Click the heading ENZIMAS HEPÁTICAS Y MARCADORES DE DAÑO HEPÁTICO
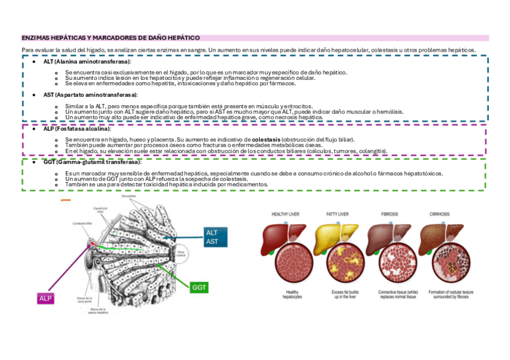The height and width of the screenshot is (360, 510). pos(111,37)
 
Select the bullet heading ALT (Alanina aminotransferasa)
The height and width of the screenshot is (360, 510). pos(88,62)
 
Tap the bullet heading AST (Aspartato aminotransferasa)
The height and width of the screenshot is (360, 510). pos(90,95)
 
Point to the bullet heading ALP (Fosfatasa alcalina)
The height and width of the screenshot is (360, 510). pos(78,129)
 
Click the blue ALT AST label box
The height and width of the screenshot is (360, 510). pos(212,237)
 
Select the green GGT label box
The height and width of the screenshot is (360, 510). pos(199,287)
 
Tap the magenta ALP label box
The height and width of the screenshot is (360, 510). pos(46,298)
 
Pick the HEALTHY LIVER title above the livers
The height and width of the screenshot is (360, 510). pos(286,214)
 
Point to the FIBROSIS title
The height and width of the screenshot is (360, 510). pos(389,214)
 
